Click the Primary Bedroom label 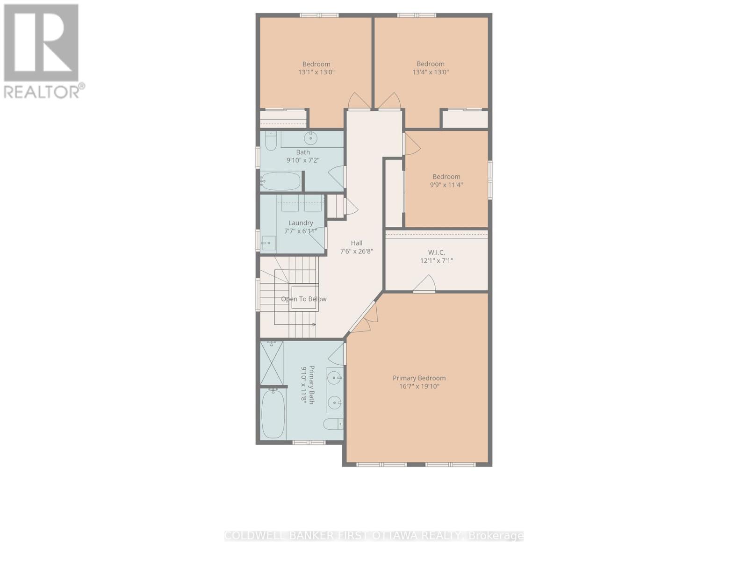(419, 378)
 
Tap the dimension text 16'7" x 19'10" (419, 387)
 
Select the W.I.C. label (436, 252)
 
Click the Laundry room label (301, 223)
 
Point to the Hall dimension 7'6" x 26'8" (357, 251)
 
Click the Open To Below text (303, 299)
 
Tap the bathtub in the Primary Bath (273, 414)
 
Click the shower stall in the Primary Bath (272, 363)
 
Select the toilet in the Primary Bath (333, 424)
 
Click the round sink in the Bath (310, 138)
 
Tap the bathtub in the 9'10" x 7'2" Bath (280, 181)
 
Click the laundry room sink (268, 243)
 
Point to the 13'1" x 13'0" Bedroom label (316, 64)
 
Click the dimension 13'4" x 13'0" (431, 72)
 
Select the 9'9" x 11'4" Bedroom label (446, 177)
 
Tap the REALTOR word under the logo (42, 92)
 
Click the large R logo (41, 43)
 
